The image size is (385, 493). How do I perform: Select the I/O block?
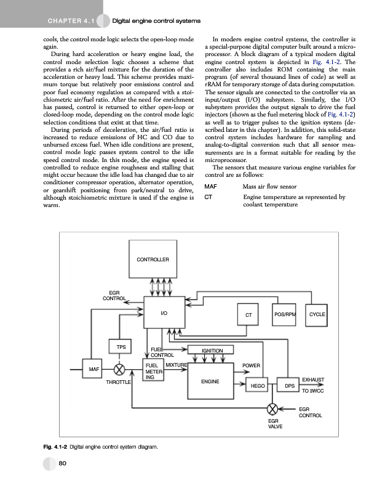coord(164,314)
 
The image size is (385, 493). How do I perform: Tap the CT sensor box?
coord(248,315)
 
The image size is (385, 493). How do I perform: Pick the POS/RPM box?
coord(285,314)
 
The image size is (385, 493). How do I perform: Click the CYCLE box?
coord(317,314)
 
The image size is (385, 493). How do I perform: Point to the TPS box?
coord(122,347)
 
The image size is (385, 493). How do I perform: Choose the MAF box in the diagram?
coord(94,369)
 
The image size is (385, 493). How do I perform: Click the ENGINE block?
coord(211,381)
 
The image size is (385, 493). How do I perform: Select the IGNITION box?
coord(213,351)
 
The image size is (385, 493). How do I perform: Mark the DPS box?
coord(289,386)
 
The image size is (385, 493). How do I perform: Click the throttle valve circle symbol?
coord(120,370)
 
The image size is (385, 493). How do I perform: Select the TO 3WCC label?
coord(313,391)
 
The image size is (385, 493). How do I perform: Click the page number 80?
coord(63,464)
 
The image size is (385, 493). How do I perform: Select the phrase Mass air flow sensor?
coord(269,185)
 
